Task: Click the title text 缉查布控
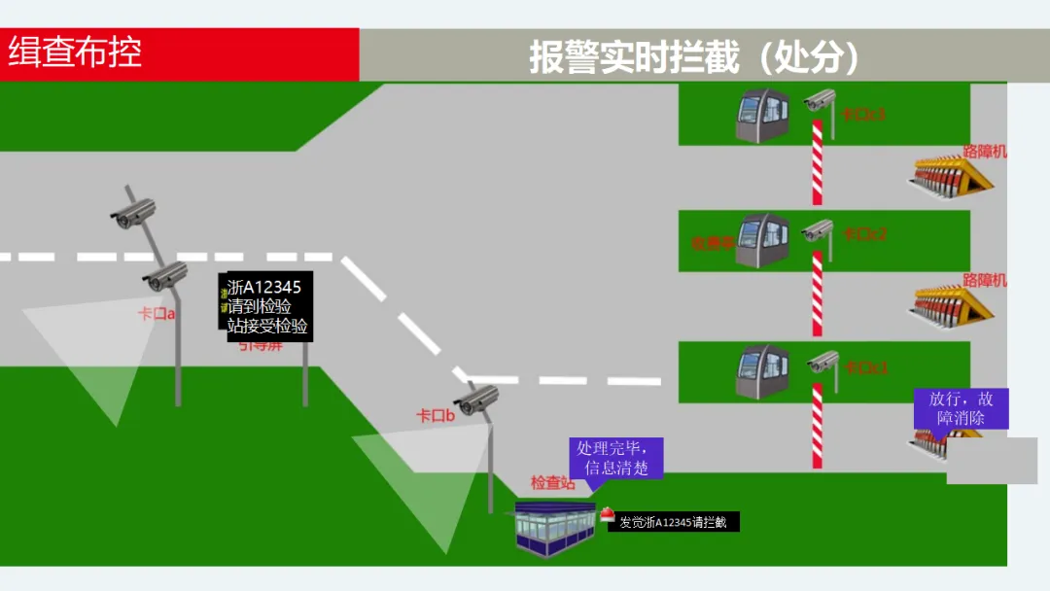point(75,52)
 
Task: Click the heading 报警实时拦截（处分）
point(694,56)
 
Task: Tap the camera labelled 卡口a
point(165,278)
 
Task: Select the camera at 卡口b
point(478,399)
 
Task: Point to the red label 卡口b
point(436,416)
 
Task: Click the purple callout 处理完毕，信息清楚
point(615,458)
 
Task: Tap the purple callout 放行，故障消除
point(961,408)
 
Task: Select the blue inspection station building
point(555,530)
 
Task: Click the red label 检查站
point(552,483)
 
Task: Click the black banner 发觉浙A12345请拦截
point(673,522)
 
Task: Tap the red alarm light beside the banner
point(607,515)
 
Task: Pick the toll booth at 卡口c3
point(761,116)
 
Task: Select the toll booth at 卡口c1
point(761,370)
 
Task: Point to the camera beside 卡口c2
point(819,230)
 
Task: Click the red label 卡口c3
point(863,115)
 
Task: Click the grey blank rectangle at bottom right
point(992,461)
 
